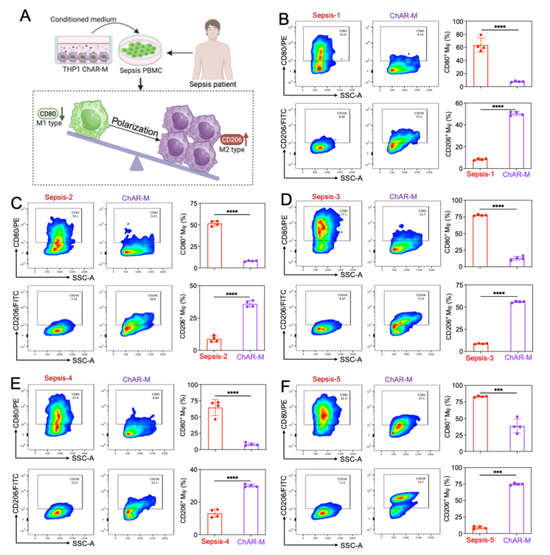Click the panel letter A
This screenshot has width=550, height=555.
[x=25, y=15]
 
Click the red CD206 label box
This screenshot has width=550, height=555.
[x=232, y=140]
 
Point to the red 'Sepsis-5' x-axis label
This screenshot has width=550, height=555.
[x=480, y=540]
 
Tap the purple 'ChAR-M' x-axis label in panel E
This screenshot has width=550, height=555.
[x=253, y=541]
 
